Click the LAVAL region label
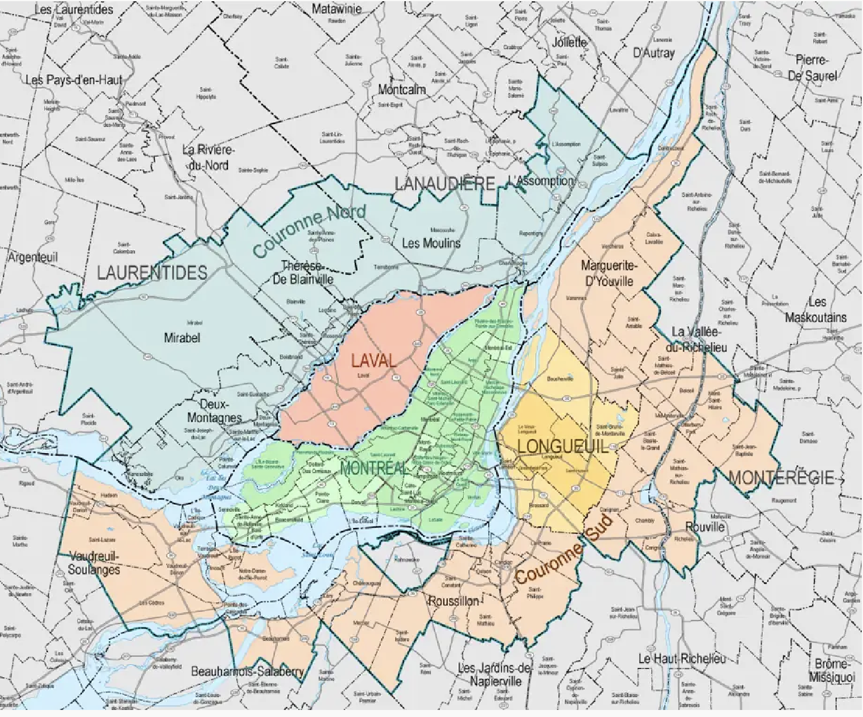374,360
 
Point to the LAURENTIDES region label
152,273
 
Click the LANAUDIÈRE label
444,184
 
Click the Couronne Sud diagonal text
564,550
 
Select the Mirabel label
182,337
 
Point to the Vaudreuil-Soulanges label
94,562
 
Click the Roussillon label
454,601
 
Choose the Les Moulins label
431,243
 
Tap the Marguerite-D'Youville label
607,273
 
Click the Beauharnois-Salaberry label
247,672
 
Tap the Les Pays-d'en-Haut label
74,80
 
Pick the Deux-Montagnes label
214,411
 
